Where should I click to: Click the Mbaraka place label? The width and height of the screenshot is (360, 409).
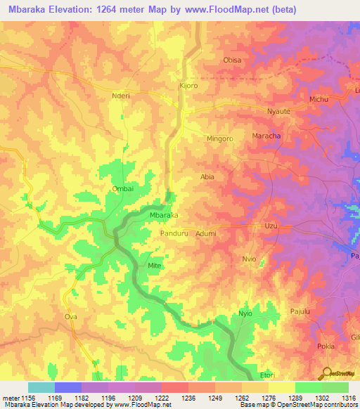tap(164, 215)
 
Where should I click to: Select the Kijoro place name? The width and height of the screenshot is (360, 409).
tap(188, 86)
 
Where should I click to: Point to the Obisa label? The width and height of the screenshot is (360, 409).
tap(232, 60)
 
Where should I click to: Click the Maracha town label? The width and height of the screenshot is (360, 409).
tap(266, 135)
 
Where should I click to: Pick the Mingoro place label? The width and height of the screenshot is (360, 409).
tap(219, 138)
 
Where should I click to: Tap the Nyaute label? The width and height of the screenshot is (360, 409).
tap(279, 111)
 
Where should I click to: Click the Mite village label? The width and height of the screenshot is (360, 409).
tap(155, 265)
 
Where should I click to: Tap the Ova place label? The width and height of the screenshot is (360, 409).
tap(70, 317)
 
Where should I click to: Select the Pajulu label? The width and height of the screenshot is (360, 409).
tap(300, 311)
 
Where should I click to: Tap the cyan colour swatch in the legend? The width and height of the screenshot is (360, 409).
tap(41, 387)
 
